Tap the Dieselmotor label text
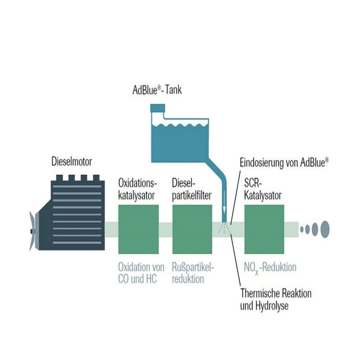point(72,162)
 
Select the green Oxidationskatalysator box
point(138,229)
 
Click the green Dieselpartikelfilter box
point(192,229)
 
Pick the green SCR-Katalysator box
point(264,229)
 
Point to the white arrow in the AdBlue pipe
point(224,204)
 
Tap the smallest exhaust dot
point(302,229)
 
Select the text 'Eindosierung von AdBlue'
point(284,162)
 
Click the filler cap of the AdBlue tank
point(157,107)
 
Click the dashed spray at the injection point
point(225,227)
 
